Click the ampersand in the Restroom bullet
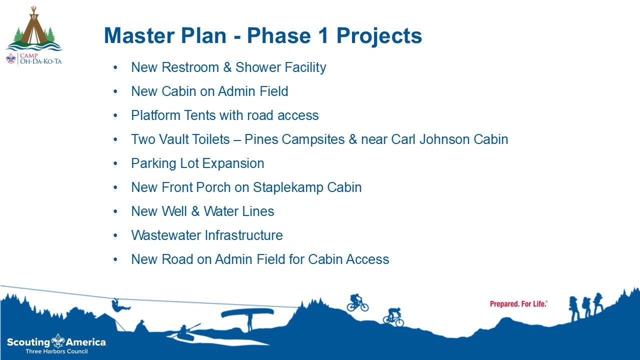coord(227,67)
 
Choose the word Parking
coord(153,163)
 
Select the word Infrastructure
coord(243,235)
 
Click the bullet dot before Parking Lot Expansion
coord(115,163)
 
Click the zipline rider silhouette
coord(120,305)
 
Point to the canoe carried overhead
coord(247,312)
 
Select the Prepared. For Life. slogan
coord(518,304)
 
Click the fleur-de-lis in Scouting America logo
coord(58,340)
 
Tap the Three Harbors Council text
coord(56,351)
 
